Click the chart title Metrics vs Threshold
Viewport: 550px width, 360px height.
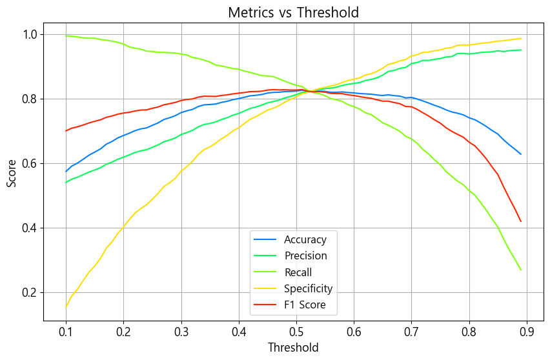click(x=294, y=12)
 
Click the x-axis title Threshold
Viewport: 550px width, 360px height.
click(x=294, y=348)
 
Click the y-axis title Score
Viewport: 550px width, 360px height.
click(x=12, y=174)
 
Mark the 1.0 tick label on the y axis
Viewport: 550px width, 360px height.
click(x=28, y=34)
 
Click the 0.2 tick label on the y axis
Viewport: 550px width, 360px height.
click(x=28, y=293)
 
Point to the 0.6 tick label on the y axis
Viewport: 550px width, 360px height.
click(x=28, y=164)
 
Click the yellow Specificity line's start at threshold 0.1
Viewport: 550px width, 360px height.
click(x=66, y=307)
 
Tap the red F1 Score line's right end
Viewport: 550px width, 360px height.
click(x=521, y=222)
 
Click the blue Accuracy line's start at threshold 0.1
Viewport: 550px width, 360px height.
click(x=66, y=172)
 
